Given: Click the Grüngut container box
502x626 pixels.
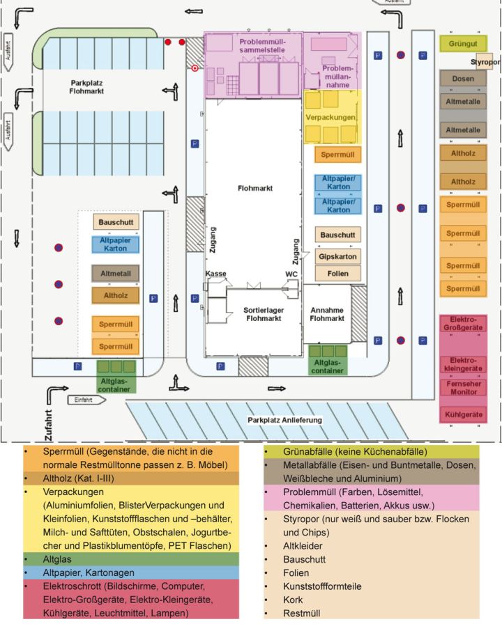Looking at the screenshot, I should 463,43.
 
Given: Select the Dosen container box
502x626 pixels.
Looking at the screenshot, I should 463,79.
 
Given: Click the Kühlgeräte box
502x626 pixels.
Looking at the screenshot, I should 463,414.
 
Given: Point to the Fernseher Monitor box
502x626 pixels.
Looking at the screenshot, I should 463,387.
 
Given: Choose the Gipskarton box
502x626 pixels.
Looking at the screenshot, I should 338,256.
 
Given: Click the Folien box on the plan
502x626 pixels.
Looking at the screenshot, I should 338,274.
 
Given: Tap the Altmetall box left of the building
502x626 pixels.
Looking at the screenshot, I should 116,273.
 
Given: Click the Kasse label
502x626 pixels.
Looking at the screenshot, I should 215,274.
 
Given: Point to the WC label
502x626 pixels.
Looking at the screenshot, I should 291,274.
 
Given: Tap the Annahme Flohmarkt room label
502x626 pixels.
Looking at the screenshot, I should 327,313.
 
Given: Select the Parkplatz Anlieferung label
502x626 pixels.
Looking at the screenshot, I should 285,421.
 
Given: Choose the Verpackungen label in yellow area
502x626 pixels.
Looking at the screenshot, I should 331,118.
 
